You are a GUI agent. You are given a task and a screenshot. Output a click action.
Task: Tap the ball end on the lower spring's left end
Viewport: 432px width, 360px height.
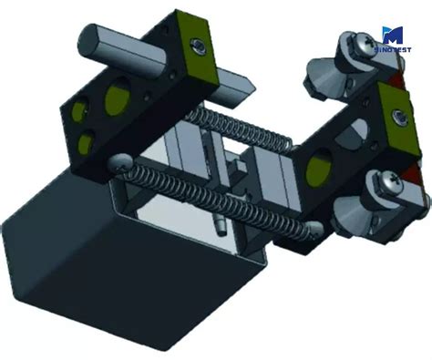[119, 161]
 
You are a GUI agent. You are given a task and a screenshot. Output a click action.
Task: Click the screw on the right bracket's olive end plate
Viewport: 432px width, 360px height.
[398, 114]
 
